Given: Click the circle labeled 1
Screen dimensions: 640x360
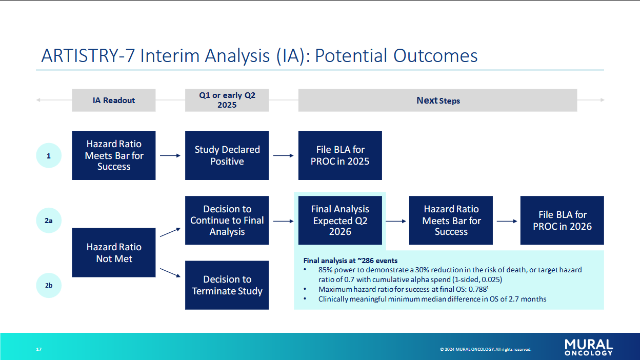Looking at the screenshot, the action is click(49, 155).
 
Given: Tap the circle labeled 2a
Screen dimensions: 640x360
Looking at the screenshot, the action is click(49, 221).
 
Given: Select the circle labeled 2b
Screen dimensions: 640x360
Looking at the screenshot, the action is click(49, 285).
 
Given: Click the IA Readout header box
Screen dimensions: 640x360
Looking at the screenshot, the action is click(114, 100).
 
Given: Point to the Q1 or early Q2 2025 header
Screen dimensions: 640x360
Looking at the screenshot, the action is click(227, 100).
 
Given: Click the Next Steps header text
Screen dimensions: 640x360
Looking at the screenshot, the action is click(438, 101).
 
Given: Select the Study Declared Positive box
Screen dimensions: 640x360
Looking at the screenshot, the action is click(227, 155).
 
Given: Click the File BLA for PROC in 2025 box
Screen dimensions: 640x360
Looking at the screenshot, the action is click(340, 155).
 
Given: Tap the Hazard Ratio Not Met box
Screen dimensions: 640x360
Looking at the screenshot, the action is click(114, 253).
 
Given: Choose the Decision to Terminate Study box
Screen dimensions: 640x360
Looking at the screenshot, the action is click(227, 285).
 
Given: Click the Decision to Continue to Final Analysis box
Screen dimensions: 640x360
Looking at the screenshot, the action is click(227, 221).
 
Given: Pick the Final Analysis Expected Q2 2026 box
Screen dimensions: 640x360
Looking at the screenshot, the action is click(340, 221).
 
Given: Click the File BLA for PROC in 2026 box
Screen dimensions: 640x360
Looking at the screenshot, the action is click(562, 221).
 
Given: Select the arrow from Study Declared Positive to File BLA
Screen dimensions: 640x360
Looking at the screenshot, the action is click(284, 155).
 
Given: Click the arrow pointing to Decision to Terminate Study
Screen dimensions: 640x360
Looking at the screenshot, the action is click(170, 273).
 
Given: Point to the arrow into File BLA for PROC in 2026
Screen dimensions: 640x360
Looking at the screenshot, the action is click(507, 221).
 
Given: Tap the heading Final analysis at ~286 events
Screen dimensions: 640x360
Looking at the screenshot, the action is click(350, 261).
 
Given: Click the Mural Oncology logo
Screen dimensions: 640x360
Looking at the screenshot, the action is click(589, 347).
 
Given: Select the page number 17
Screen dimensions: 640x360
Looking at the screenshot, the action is click(39, 349).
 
